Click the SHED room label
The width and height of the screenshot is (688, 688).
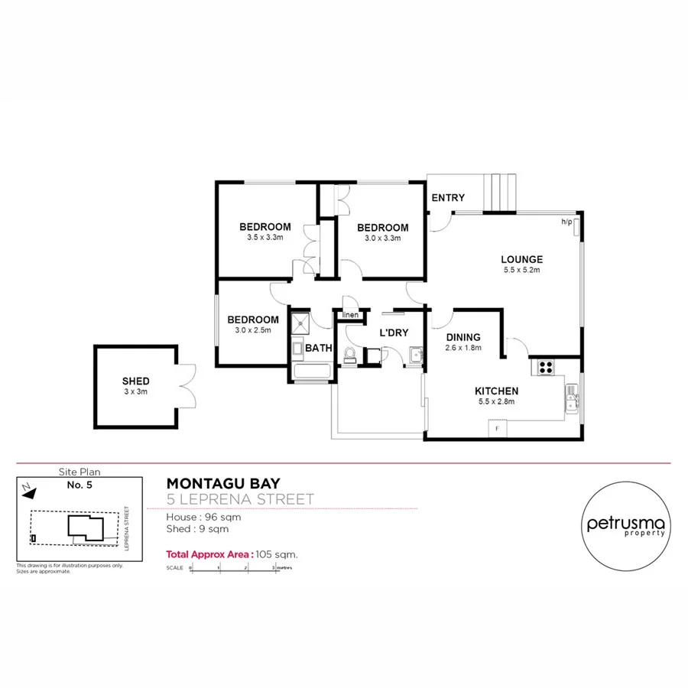pos(135,381)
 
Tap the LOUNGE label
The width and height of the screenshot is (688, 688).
pos(523,259)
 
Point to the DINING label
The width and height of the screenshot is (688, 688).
pos(463,337)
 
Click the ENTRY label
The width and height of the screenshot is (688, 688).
pos(448,198)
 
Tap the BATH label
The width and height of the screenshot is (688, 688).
pos(318,348)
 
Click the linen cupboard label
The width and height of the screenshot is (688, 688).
pos(350,314)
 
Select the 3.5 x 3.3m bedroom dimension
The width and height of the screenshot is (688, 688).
pos(264,238)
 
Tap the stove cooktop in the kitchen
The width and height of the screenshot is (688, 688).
pos(547,367)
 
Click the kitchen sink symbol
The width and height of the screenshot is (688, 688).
pos(572,396)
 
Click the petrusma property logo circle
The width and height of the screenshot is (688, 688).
pos(626,525)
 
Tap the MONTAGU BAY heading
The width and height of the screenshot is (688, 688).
pos(223,483)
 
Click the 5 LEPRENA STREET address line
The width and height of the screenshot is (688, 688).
pos(240,500)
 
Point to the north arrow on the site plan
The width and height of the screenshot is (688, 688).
pos(27,486)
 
